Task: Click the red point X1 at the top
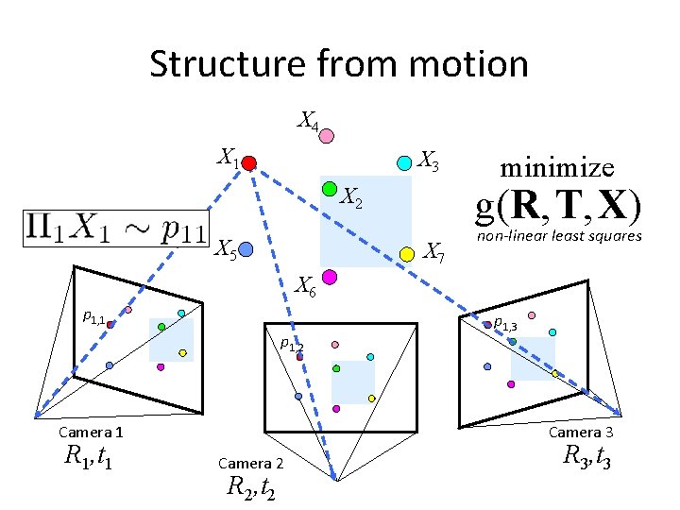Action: [x=248, y=163]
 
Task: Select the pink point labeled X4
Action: [x=326, y=136]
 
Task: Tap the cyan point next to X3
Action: [x=403, y=162]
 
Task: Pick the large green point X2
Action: [x=330, y=190]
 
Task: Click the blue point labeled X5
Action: [x=246, y=249]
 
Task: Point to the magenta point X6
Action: [x=330, y=277]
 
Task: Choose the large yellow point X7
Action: [x=407, y=253]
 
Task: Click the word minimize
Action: [x=557, y=168]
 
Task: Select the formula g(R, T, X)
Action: [x=558, y=205]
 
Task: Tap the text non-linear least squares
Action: [x=559, y=236]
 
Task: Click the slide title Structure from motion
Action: [x=339, y=64]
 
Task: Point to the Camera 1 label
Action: [x=91, y=432]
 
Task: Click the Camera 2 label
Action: [x=250, y=463]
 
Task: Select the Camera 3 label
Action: [x=582, y=432]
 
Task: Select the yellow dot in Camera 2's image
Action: [x=372, y=398]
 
